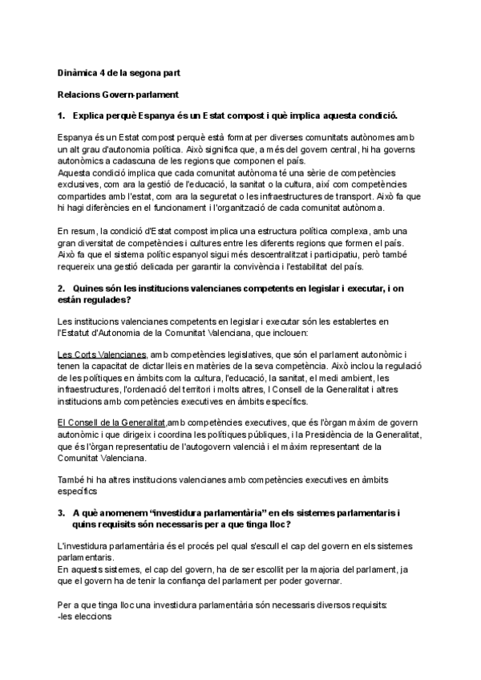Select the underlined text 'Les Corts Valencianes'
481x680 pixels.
(x=102, y=354)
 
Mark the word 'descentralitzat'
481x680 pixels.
(x=296, y=253)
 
